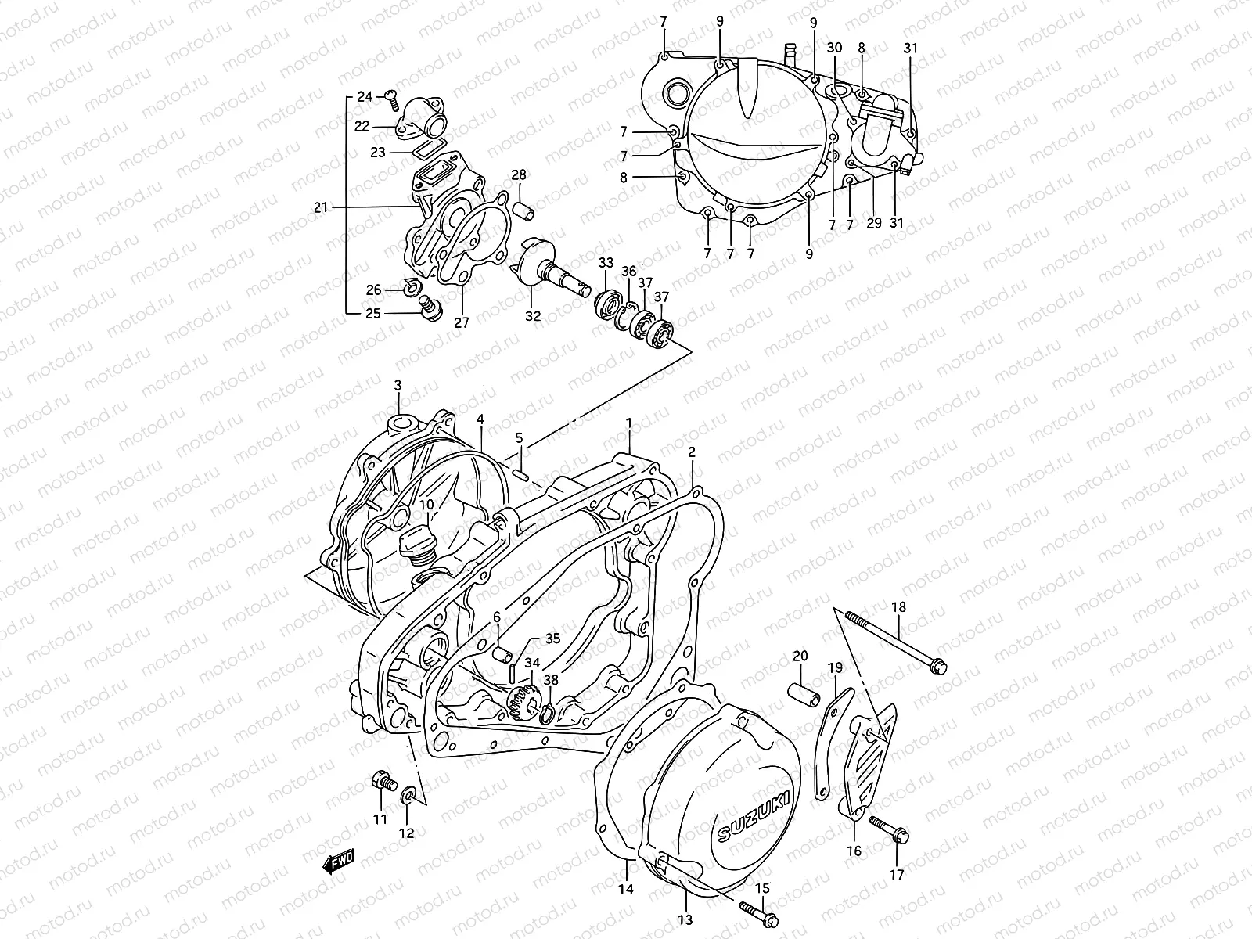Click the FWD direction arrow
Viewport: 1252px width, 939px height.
click(x=339, y=862)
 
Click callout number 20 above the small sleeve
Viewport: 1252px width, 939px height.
click(x=800, y=656)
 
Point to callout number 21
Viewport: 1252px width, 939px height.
click(x=319, y=207)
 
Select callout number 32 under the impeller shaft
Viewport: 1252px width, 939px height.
click(x=533, y=317)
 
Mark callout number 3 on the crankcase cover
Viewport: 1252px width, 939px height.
click(x=398, y=385)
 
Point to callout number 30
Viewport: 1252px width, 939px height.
click(x=834, y=48)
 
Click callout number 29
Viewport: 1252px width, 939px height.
click(x=874, y=223)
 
